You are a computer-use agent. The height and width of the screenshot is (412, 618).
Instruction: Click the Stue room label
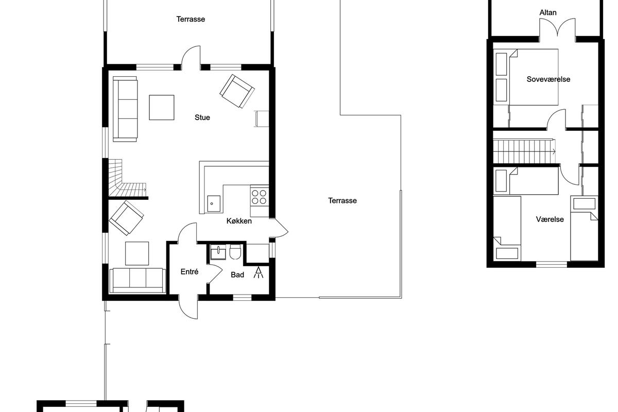tap(202, 117)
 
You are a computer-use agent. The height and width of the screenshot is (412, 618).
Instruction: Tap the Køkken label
tap(239, 221)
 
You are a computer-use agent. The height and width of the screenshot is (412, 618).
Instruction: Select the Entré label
tap(190, 272)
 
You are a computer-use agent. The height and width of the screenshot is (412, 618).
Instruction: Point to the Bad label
tap(237, 275)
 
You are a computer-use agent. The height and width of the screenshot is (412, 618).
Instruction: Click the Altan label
tap(548, 13)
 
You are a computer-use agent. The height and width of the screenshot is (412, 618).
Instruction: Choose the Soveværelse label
tap(548, 79)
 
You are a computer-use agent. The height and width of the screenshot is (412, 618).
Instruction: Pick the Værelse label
tap(550, 219)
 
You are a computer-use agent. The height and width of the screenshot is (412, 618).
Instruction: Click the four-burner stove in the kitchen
tap(260, 197)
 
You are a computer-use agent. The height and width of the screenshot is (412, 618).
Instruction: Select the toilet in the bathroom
tap(235, 252)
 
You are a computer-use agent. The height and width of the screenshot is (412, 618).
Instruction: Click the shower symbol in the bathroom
tap(258, 272)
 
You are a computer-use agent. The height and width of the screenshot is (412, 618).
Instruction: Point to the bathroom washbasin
tap(218, 252)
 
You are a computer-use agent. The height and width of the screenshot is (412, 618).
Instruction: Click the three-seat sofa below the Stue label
tap(138, 280)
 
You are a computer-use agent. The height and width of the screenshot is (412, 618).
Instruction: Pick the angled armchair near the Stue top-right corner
tap(237, 91)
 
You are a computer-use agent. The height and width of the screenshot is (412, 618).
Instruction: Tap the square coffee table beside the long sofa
tap(161, 107)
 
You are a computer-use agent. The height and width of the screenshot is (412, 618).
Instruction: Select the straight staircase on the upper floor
tap(524, 151)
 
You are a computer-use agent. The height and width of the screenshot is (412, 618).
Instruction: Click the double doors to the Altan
tap(558, 28)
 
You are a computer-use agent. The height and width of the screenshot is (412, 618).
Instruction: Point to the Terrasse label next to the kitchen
tap(342, 201)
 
